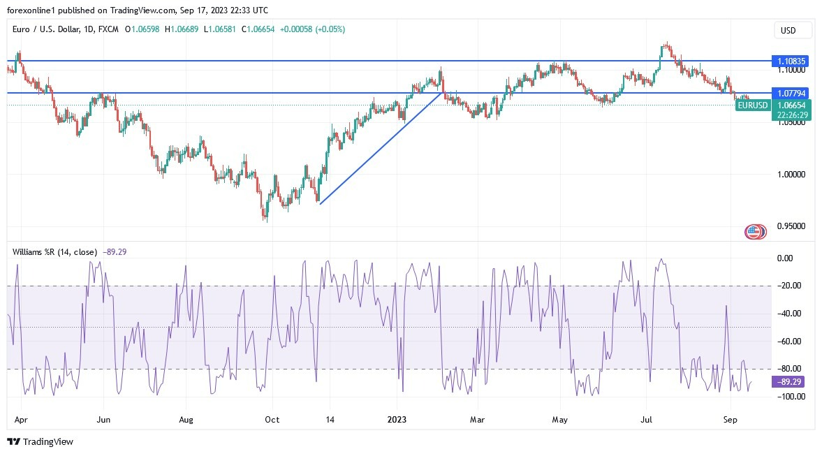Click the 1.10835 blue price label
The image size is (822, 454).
[x=791, y=61]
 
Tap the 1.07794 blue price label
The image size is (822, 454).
[x=791, y=93]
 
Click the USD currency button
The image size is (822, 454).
[x=793, y=30]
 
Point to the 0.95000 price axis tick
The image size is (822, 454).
[x=791, y=226]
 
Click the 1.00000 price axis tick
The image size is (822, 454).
[x=791, y=174]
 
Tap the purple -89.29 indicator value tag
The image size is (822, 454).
[x=791, y=382]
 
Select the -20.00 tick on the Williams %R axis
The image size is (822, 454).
[x=789, y=286]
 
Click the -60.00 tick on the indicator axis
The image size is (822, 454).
[x=789, y=341]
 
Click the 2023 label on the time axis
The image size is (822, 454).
[x=397, y=420]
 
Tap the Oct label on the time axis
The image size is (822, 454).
[x=272, y=420]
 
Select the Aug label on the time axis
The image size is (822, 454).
[x=186, y=420]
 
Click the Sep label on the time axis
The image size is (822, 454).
[x=731, y=420]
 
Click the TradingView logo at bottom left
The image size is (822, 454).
[x=40, y=441]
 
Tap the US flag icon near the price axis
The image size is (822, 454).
[x=755, y=232]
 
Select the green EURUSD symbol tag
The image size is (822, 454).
[x=753, y=105]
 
